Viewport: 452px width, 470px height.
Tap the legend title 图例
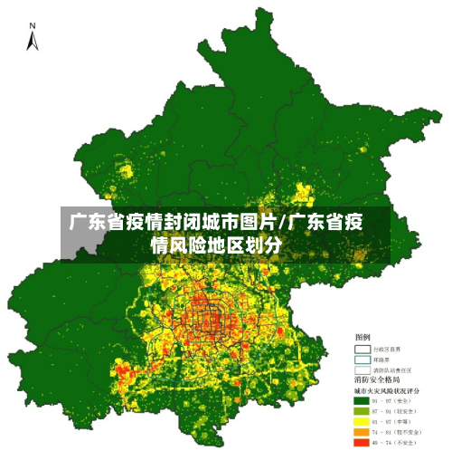pyautogui.click(x=362, y=337)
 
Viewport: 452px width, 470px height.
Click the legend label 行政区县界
pyautogui.click(x=391, y=349)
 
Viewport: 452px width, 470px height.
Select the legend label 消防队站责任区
pyautogui.click(x=395, y=369)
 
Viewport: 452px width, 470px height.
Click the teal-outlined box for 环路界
pyautogui.click(x=363, y=359)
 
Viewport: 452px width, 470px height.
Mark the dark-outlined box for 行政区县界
pyautogui.click(x=363, y=349)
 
